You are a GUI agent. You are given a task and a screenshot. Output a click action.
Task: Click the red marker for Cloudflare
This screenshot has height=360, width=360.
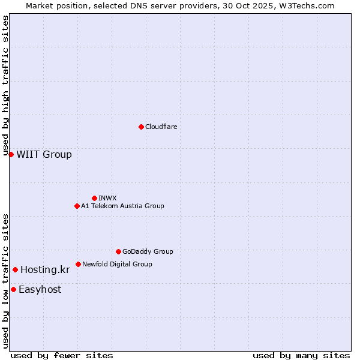[141, 127]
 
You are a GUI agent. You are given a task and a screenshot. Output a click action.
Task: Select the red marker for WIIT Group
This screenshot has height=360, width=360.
[11, 155]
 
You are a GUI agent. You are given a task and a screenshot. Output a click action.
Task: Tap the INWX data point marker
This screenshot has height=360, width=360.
[94, 198]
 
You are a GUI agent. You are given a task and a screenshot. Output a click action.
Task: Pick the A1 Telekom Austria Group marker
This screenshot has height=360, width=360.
[77, 206]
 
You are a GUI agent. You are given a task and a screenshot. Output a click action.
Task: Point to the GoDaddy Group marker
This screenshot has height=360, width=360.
[118, 251]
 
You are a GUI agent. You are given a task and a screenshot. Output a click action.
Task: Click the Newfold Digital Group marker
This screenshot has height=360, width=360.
[78, 264]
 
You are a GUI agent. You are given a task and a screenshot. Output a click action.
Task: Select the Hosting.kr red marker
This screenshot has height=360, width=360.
[15, 270]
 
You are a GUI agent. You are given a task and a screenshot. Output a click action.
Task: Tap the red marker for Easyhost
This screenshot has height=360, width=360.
[13, 290]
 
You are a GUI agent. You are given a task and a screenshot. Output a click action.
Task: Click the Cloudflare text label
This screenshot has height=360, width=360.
[161, 127]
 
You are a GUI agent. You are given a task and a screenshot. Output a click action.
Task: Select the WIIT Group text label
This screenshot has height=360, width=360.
[44, 155]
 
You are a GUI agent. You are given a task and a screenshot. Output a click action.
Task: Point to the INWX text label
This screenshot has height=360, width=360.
[107, 198]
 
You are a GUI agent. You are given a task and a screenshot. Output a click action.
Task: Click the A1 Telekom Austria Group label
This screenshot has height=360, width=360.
[122, 206]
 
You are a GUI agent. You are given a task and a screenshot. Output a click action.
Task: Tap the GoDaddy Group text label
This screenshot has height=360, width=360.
[148, 251]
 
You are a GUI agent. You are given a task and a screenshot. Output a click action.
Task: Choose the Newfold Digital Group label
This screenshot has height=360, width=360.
[117, 264]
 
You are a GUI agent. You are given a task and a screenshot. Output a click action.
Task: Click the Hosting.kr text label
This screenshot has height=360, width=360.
[45, 270]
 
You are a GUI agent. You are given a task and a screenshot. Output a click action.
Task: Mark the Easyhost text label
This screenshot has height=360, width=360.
[40, 290]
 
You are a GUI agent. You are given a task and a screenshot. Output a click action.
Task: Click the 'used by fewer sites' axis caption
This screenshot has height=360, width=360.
[62, 355]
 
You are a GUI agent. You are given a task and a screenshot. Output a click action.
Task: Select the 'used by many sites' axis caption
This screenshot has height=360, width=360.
[301, 355]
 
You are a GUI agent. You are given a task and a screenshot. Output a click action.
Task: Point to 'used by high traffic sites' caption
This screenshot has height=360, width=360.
[6, 86]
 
